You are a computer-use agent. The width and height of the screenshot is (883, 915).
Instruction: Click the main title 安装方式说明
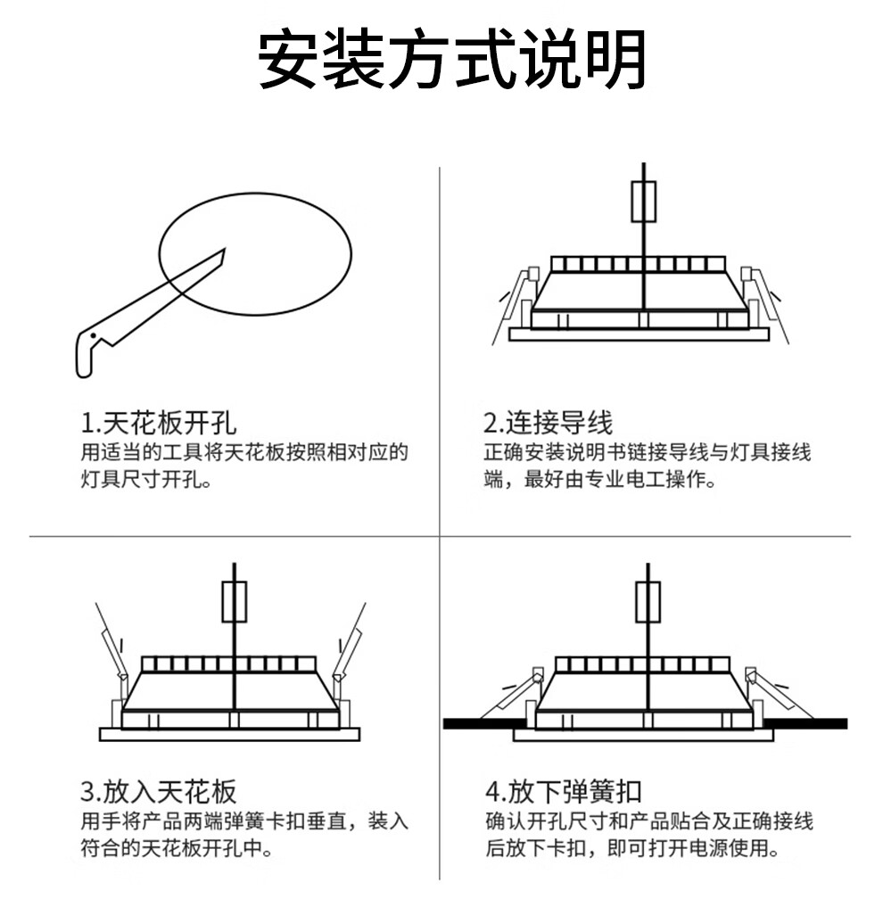pos(452,61)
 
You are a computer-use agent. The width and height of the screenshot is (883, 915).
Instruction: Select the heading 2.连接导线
pos(549,422)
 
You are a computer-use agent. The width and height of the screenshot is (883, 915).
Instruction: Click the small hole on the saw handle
pos(92,337)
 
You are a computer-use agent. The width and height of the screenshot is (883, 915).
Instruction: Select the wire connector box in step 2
pos(644,201)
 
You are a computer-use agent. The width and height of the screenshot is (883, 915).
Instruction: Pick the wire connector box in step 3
pos(234,602)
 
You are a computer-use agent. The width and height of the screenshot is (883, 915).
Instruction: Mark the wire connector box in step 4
pos(648,602)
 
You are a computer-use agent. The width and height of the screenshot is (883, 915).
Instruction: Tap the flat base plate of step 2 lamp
pos(639,334)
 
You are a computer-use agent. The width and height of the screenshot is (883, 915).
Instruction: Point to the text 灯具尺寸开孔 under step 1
pos(139,481)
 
